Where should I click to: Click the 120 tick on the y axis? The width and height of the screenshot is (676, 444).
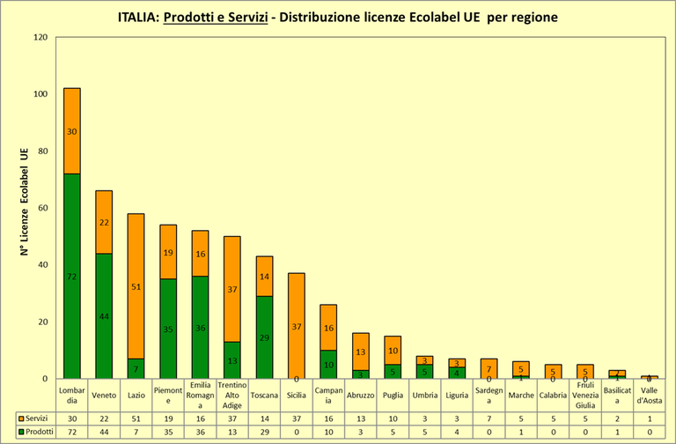coord(40,37)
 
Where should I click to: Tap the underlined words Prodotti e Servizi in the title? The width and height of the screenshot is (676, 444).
coord(215,18)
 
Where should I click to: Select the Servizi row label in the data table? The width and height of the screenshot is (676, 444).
coord(34,418)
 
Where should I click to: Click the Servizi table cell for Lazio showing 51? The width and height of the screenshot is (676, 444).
coord(136,418)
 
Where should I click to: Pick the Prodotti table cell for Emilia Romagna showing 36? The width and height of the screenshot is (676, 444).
coord(200,432)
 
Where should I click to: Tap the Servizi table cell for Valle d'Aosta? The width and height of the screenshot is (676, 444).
coord(649,418)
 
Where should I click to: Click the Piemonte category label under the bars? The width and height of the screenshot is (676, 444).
coord(167,396)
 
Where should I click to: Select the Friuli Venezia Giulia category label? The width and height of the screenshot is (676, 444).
coord(584,396)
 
